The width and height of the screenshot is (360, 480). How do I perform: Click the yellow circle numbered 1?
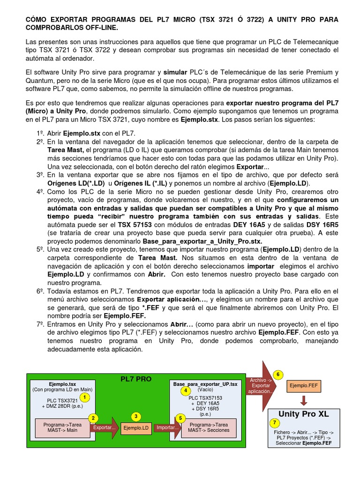(84, 397)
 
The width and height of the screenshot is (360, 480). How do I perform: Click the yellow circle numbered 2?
(94, 418)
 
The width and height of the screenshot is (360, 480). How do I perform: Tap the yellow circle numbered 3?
(135, 416)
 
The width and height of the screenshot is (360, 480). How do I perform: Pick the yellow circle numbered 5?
(180, 418)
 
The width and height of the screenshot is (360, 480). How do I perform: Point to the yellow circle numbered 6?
(278, 375)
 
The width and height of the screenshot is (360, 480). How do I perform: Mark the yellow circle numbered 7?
(275, 423)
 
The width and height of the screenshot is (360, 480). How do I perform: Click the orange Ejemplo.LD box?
(135, 428)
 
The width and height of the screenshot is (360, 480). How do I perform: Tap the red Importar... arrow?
(167, 427)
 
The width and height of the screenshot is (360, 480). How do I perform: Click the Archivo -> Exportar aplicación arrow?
(261, 385)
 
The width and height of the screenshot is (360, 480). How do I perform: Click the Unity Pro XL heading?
(303, 414)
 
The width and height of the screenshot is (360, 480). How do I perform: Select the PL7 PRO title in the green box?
(136, 379)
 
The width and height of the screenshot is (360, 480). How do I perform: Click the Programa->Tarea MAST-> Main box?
(62, 427)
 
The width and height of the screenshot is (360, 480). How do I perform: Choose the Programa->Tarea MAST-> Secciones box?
(209, 427)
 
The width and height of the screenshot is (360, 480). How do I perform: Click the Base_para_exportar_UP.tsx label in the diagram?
(205, 383)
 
